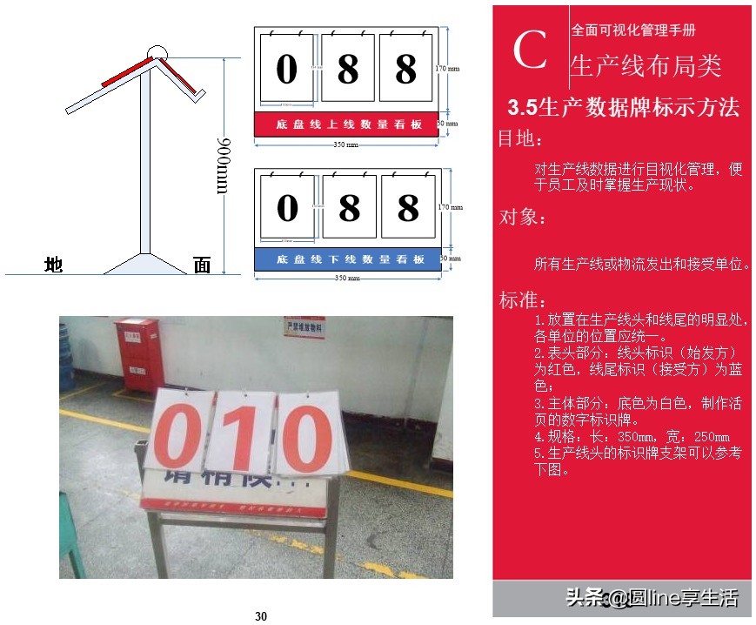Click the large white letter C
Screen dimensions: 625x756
(530, 50)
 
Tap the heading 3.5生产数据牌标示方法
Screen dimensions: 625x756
(623, 107)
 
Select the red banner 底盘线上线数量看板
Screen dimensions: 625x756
(349, 124)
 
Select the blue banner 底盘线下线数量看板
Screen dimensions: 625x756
(351, 259)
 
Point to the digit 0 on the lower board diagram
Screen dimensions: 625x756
(287, 208)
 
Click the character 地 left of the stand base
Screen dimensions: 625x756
(53, 265)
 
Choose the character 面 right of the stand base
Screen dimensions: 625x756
(202, 265)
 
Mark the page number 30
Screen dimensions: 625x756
(261, 616)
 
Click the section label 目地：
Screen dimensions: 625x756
(522, 139)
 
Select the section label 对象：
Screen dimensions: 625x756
(522, 218)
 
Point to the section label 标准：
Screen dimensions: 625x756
(522, 301)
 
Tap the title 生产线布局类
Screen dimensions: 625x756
(646, 65)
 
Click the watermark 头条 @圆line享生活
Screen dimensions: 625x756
(652, 597)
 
